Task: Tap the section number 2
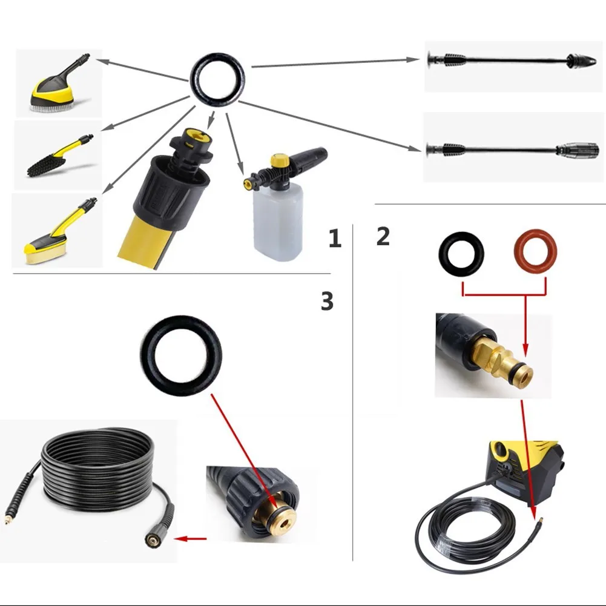click(383, 235)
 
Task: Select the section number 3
click(327, 300)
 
